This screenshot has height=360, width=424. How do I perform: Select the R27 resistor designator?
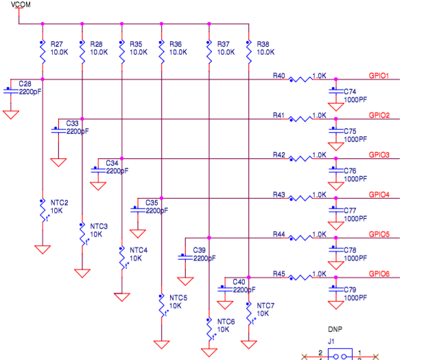point(57,43)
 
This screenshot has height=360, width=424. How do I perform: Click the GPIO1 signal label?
point(379,76)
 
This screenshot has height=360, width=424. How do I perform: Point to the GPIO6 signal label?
point(379,274)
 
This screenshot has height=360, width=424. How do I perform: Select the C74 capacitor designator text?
point(350,91)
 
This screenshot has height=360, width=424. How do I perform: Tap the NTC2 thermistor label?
point(60,203)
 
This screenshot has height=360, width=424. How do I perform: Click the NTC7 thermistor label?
point(266,305)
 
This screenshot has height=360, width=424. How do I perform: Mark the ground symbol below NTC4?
point(121,297)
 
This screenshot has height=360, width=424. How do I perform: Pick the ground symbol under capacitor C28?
point(10,115)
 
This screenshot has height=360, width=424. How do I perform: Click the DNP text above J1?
point(335,329)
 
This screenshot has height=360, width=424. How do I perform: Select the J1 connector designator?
point(331,341)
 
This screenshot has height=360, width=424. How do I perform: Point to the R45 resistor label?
point(279,274)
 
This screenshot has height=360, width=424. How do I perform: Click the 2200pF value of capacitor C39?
point(204,259)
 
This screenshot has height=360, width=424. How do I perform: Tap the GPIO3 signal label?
point(379,155)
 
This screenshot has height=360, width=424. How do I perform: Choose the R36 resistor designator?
point(176,43)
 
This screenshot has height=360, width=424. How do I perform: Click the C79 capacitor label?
point(350,289)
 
